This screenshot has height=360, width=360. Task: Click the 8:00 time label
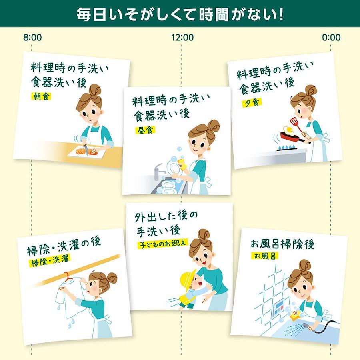[x=32, y=37]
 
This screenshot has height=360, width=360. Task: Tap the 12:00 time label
[x=182, y=37]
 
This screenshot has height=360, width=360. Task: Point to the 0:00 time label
[x=331, y=37]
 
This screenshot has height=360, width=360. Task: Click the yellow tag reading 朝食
[x=41, y=96]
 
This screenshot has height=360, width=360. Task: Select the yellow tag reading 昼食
[x=145, y=130]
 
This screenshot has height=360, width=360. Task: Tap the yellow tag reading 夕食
[x=252, y=103]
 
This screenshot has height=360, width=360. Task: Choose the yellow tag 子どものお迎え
[x=162, y=244]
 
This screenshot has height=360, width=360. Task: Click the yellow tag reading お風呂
[x=265, y=256]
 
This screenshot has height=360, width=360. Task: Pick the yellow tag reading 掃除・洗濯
[x=50, y=260]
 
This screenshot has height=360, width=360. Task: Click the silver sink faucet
[x=159, y=171]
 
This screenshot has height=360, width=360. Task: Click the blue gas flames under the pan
[x=287, y=147]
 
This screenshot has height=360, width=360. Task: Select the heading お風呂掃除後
[x=282, y=244]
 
